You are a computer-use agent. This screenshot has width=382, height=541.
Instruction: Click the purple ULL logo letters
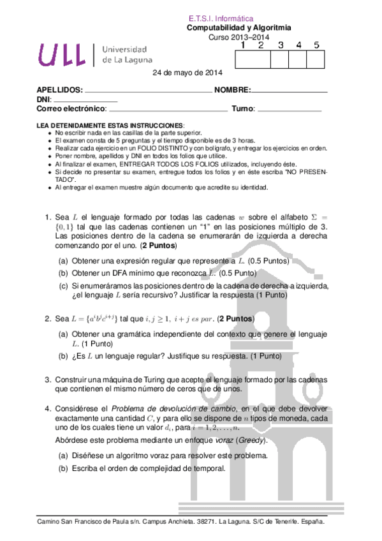(x=62, y=55)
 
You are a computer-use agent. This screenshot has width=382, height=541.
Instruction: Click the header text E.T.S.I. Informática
(x=221, y=19)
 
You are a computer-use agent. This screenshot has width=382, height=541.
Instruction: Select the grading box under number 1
(x=244, y=59)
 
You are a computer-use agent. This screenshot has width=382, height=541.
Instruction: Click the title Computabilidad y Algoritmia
(x=239, y=28)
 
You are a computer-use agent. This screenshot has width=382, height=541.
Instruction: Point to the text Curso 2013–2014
(x=239, y=37)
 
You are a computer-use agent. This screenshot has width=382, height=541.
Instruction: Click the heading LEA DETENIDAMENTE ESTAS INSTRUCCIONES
(x=110, y=125)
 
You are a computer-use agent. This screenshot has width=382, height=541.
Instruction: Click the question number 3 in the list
(x=47, y=379)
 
